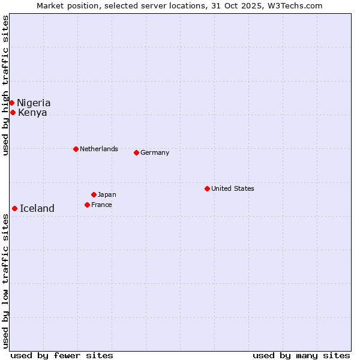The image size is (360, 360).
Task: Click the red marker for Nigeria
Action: (11, 103)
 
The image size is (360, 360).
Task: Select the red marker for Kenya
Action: (13, 112)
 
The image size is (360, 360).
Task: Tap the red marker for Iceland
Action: (14, 208)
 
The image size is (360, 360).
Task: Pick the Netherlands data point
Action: (76, 149)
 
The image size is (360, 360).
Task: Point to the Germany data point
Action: (136, 152)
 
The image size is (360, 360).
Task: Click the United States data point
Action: (207, 188)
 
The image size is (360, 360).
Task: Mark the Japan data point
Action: (94, 194)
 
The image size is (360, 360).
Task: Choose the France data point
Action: (87, 205)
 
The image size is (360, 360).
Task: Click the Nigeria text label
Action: (34, 103)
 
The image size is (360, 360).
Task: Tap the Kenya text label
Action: (32, 112)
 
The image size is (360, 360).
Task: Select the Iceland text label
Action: (37, 208)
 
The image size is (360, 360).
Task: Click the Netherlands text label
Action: (99, 149)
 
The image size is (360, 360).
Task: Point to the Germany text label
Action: (155, 152)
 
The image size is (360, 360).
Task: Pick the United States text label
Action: (233, 188)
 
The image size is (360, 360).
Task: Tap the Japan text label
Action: (107, 194)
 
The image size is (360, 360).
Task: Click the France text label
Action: (101, 205)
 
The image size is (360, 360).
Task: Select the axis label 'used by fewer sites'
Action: (62, 355)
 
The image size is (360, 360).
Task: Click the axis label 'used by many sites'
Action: (301, 355)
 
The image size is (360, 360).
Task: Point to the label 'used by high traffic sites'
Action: (5, 85)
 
